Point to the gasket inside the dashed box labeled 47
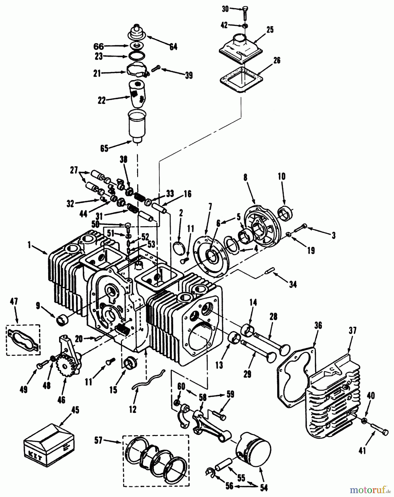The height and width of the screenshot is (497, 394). click(x=23, y=339)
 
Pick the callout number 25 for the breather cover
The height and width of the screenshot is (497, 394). click(x=270, y=30)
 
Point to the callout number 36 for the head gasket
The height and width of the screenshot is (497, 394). click(x=318, y=326)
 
